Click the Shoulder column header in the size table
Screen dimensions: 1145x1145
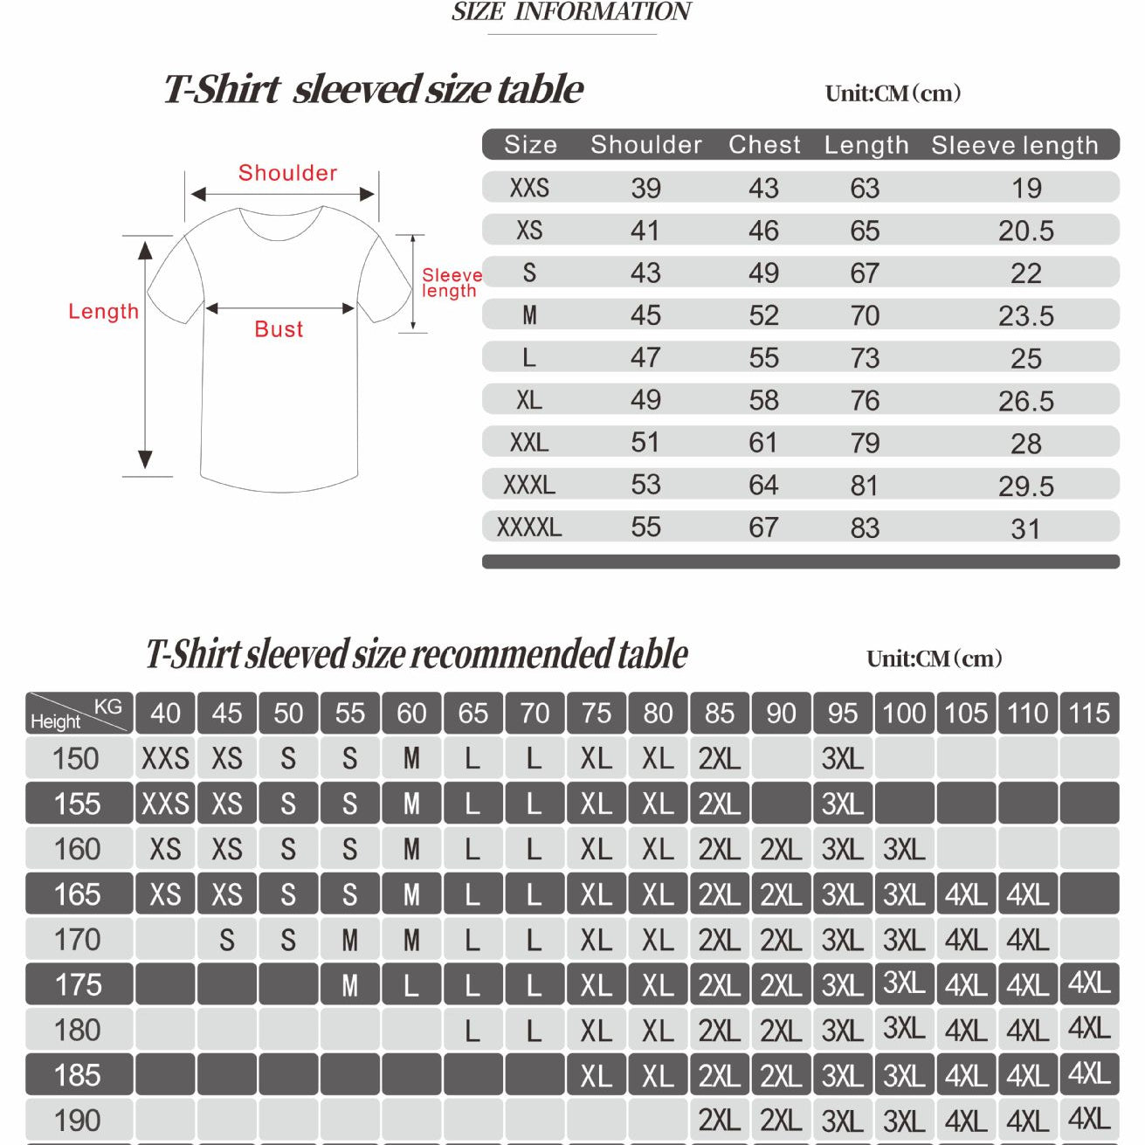(646, 145)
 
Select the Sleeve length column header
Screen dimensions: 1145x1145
(1014, 145)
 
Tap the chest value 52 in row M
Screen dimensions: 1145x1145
(763, 315)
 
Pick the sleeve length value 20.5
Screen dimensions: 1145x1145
(1026, 231)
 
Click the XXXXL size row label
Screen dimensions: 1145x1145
(529, 528)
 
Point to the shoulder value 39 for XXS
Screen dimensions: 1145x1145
(646, 188)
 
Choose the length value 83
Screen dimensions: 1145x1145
(865, 528)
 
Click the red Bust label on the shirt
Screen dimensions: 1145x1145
(279, 329)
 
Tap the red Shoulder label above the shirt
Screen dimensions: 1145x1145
(287, 173)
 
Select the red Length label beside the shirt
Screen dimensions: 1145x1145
(103, 312)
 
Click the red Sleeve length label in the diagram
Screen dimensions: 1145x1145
(451, 283)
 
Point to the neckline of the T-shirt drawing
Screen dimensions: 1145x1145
(281, 223)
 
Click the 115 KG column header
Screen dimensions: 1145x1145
(1089, 714)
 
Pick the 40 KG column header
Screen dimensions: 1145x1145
(165, 714)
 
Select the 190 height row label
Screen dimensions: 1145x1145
(78, 1121)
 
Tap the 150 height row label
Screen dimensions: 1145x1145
(77, 758)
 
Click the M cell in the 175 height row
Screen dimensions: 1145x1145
(349, 985)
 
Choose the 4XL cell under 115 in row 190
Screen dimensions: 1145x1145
(1089, 1119)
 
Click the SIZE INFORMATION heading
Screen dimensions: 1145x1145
(571, 12)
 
